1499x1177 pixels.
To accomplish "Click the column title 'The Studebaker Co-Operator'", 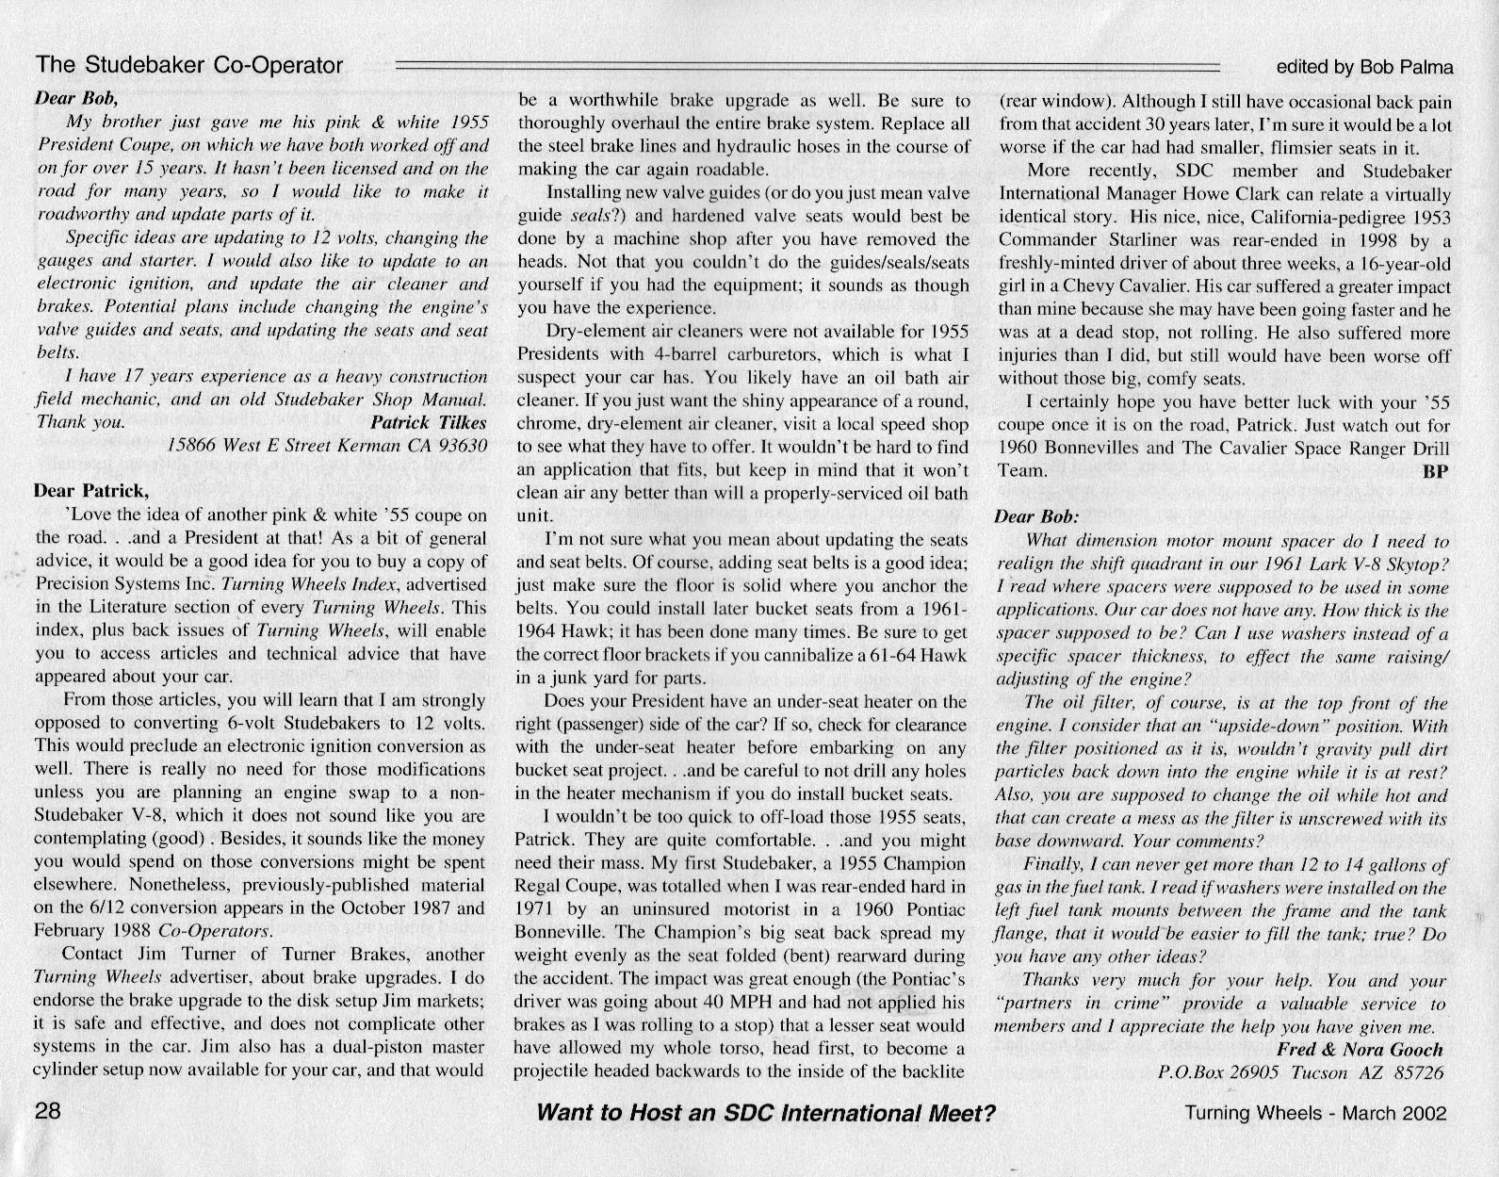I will (x=189, y=65).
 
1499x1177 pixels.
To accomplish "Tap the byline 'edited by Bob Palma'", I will (x=1363, y=67).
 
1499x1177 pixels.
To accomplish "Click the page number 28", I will (x=48, y=1110).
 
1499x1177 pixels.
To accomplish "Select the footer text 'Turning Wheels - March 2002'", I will (x=1315, y=1113).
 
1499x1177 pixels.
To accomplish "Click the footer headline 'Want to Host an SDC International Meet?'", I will (x=765, y=1112).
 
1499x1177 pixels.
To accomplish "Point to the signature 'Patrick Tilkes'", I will (x=429, y=421).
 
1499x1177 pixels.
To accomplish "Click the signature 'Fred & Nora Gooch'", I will (x=1359, y=1050).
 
